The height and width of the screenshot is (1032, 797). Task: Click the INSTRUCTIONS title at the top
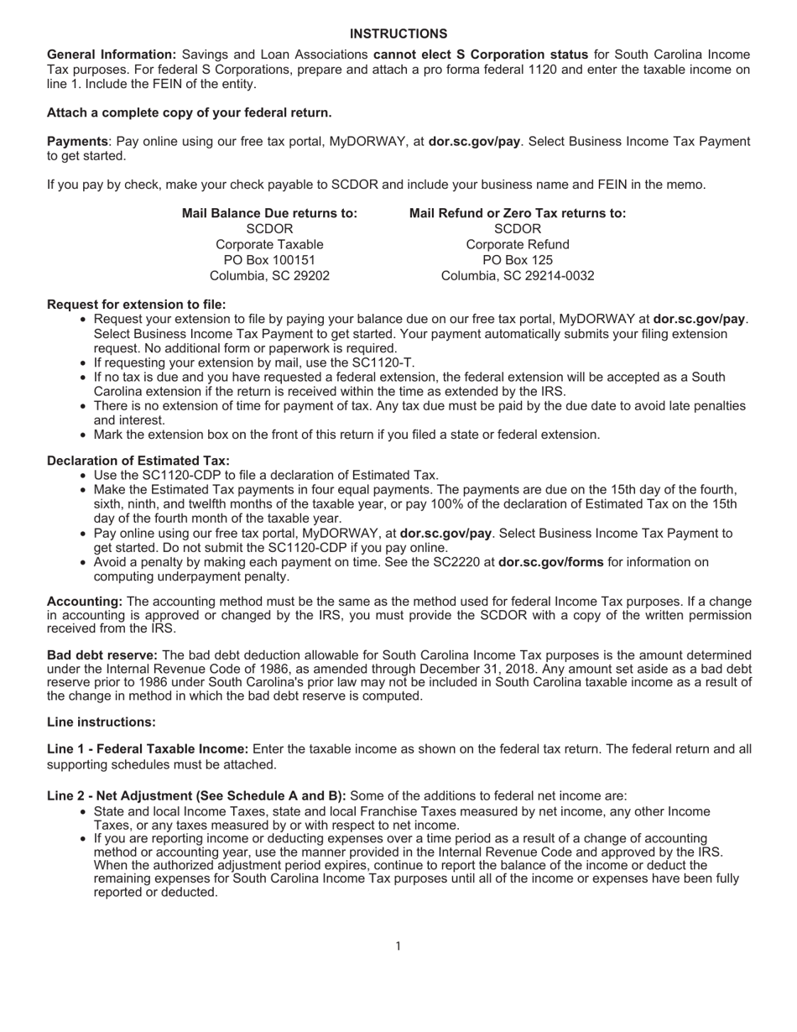(398, 34)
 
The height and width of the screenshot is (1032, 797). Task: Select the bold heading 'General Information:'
(112, 55)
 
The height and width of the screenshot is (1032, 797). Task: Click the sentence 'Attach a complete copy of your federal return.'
(189, 112)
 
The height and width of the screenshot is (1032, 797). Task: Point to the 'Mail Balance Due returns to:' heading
(269, 213)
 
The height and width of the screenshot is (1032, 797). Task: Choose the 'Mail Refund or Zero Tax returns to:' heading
(518, 213)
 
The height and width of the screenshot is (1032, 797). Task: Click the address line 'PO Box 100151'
(269, 260)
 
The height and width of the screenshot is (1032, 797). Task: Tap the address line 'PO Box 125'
(518, 260)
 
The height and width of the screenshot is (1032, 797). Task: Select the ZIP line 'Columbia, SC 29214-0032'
(518, 276)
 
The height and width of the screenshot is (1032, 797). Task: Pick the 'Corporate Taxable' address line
(269, 244)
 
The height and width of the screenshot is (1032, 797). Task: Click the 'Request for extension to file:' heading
(136, 305)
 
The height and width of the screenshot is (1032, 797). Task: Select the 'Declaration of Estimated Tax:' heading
(138, 461)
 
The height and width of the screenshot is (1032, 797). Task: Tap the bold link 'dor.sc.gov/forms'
(550, 562)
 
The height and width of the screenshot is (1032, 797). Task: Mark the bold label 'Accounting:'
(85, 602)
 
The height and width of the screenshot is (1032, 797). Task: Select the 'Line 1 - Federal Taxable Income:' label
(148, 748)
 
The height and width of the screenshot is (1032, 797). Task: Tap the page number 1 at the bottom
(398, 946)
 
